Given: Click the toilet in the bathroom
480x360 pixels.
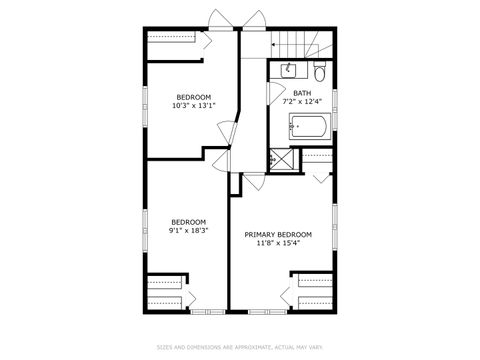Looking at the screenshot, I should (x=319, y=72).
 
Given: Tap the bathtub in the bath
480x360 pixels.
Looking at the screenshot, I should (x=311, y=127).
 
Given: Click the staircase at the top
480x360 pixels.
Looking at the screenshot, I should (x=294, y=45).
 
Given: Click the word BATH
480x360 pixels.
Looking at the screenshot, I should (x=302, y=93).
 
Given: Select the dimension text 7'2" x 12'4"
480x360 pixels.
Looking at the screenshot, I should (x=302, y=101).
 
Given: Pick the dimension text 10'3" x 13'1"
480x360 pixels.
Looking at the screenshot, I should (x=193, y=105).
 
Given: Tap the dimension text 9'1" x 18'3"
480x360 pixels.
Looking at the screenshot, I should (x=188, y=230).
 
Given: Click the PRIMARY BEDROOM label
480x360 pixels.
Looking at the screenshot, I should (x=278, y=235).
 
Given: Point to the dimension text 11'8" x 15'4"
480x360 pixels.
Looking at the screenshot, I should (x=278, y=243).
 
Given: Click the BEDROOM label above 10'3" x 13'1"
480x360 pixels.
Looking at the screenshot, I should (x=193, y=97).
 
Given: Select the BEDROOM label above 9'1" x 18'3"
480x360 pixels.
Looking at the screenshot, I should (x=188, y=222).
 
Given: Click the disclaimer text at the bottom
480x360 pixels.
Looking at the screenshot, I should (x=240, y=347).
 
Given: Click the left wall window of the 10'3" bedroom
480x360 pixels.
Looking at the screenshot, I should (x=146, y=106).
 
